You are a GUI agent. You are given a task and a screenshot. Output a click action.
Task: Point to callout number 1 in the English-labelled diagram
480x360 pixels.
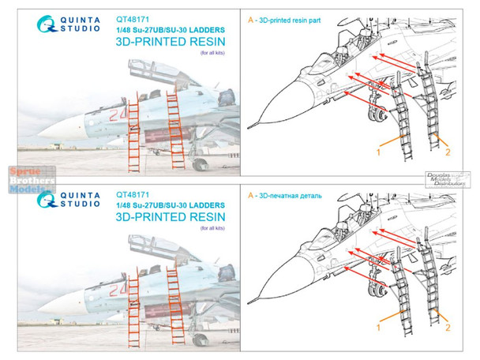378,148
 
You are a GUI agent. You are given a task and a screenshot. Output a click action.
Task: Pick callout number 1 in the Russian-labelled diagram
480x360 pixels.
378,326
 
